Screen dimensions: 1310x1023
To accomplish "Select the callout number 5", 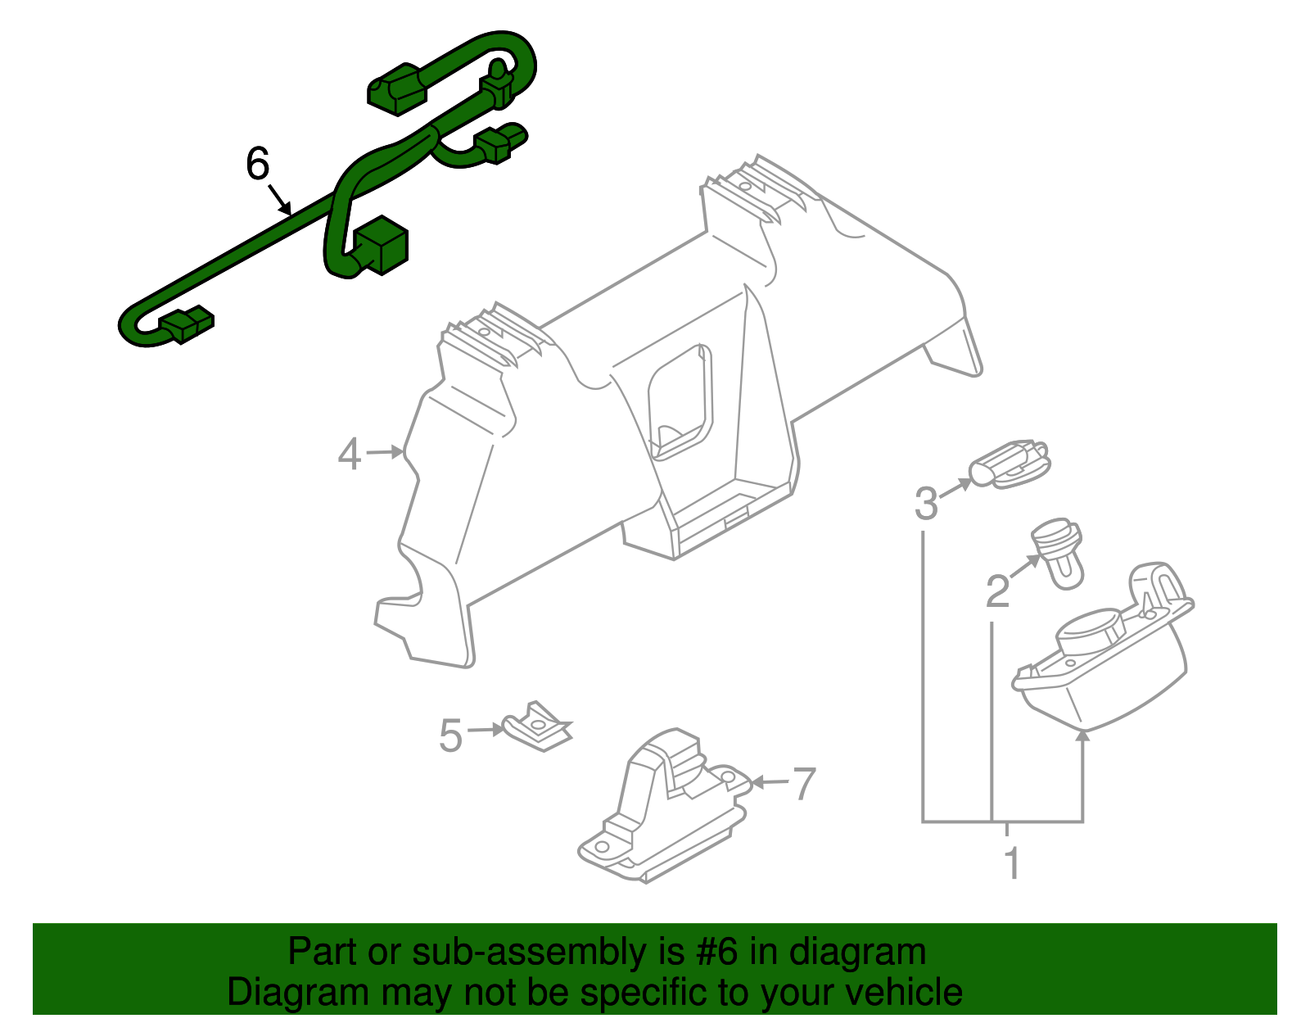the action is coord(450,736).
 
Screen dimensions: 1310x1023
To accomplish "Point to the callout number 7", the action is coord(804,783).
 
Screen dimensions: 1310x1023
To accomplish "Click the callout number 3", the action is coord(927,503).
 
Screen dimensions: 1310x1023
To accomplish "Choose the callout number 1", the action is coord(1013,863).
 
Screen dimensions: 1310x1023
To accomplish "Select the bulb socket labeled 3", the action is coord(1010,464).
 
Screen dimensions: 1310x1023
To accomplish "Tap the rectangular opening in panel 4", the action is coord(680,401).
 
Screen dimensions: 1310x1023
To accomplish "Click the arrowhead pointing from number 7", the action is coord(758,782).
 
